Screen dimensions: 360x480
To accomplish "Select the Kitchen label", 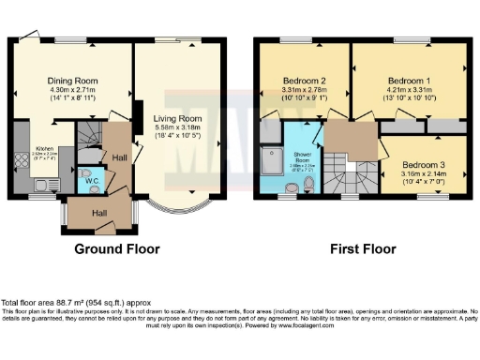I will coord(45,149).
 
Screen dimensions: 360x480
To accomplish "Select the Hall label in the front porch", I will coord(98,214).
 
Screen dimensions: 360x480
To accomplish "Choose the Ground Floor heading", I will coord(117,249).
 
